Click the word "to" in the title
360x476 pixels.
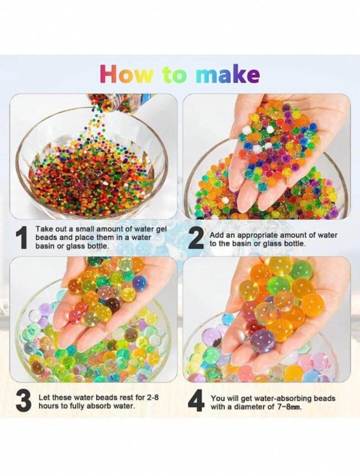pyautogui.click(x=174, y=76)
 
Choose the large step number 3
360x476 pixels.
pyautogui.click(x=23, y=401)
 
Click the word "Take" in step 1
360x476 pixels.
pyautogui.click(x=44, y=229)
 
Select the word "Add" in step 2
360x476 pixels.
pyautogui.click(x=216, y=235)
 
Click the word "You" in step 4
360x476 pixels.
pyautogui.click(x=217, y=398)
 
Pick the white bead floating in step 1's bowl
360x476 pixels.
pyautogui.click(x=105, y=184)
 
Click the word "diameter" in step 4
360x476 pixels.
pyautogui.click(x=254, y=407)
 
